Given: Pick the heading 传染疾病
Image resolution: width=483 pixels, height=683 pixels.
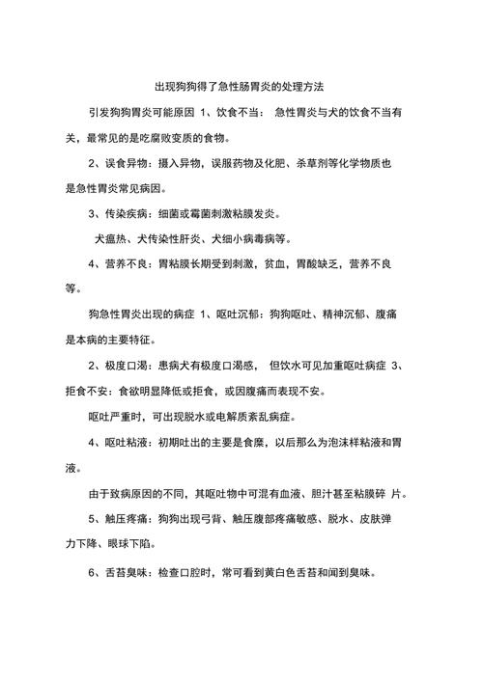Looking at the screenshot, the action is (x=126, y=213).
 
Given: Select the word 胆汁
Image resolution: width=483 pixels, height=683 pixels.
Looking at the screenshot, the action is (x=295, y=494).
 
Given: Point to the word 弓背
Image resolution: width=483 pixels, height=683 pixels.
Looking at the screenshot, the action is (x=221, y=519).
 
